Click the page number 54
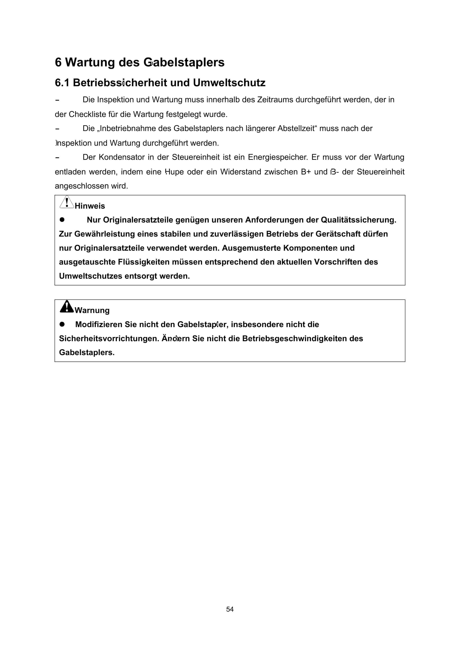point(230,609)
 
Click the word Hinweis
point(90,206)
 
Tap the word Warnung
point(92,310)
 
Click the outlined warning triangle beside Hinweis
point(67,202)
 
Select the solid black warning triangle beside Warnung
point(67,307)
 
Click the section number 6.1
point(62,83)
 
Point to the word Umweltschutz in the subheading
point(229,83)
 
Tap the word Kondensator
point(121,157)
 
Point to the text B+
point(306,172)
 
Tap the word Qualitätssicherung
point(358,220)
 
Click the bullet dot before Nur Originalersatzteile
point(62,220)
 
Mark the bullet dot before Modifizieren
point(62,324)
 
